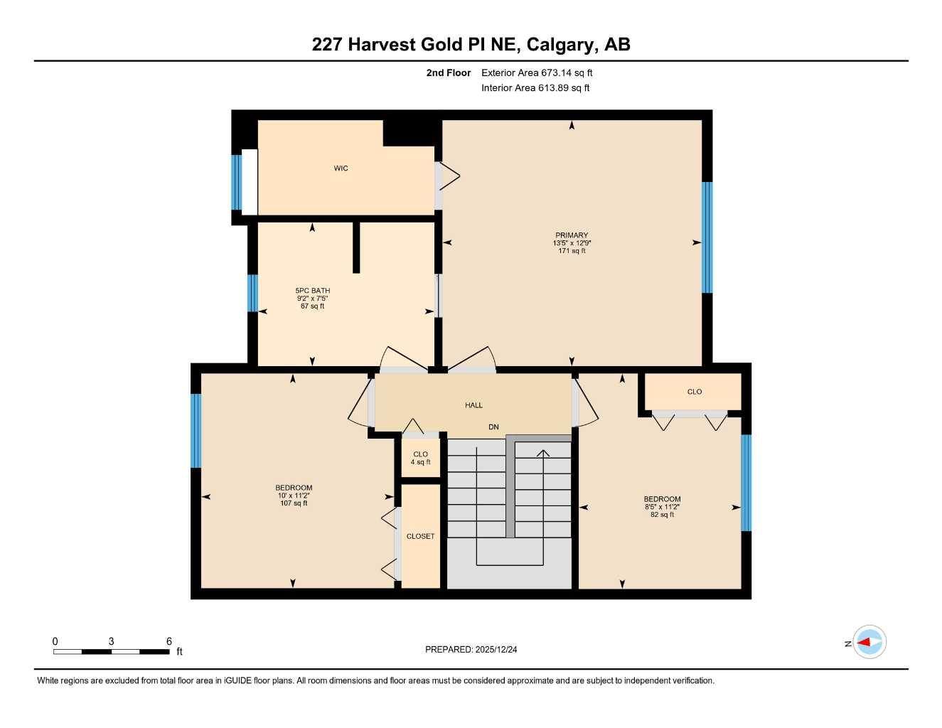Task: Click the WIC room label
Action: point(341,168)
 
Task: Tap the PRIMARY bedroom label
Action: point(572,235)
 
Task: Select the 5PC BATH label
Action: point(312,291)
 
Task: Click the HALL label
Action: point(473,405)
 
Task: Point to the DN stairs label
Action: point(493,427)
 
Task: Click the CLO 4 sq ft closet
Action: point(420,458)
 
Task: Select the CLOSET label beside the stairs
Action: point(420,536)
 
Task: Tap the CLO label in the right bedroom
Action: point(694,392)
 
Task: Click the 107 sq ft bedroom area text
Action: point(294,503)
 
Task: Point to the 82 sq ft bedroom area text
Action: point(662,515)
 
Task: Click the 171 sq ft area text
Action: point(572,251)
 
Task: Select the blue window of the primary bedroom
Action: point(707,237)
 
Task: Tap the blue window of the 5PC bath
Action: point(252,293)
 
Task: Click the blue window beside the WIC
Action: point(236,182)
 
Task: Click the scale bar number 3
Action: point(111,641)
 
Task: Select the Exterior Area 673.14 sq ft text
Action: point(537,73)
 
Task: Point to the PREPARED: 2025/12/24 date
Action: point(471,649)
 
